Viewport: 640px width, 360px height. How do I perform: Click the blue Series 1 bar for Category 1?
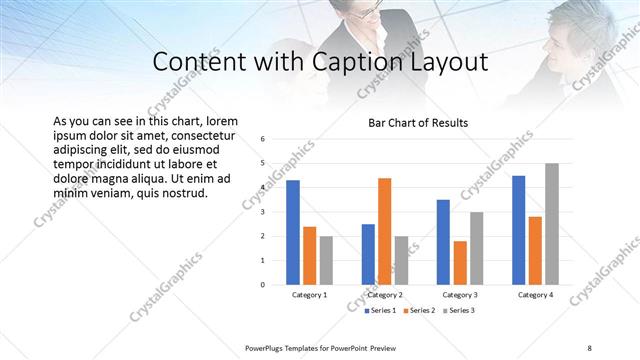click(x=293, y=232)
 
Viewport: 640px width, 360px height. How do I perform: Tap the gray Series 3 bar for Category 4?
click(x=552, y=224)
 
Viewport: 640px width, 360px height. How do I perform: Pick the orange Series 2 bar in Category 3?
click(x=460, y=262)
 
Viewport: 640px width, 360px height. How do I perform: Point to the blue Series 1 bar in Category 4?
click(x=519, y=230)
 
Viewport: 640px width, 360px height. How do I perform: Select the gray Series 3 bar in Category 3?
click(x=477, y=248)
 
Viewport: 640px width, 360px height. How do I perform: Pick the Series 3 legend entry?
click(x=456, y=311)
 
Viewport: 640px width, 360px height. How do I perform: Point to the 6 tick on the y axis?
click(x=263, y=139)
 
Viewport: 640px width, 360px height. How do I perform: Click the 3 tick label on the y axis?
click(x=263, y=212)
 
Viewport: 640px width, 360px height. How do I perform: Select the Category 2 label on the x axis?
click(x=384, y=296)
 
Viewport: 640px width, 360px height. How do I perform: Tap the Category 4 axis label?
click(x=535, y=296)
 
